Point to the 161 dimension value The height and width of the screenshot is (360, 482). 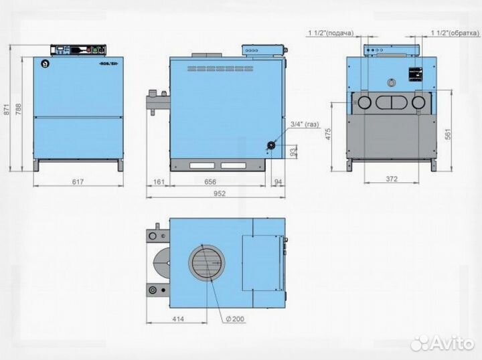[x=159, y=181]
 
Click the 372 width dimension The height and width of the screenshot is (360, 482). [x=392, y=179]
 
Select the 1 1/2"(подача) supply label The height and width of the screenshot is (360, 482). [x=330, y=32]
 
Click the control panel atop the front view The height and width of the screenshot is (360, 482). [x=79, y=50]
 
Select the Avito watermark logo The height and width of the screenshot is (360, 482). [x=443, y=343]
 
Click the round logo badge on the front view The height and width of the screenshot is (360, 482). [x=44, y=65]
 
